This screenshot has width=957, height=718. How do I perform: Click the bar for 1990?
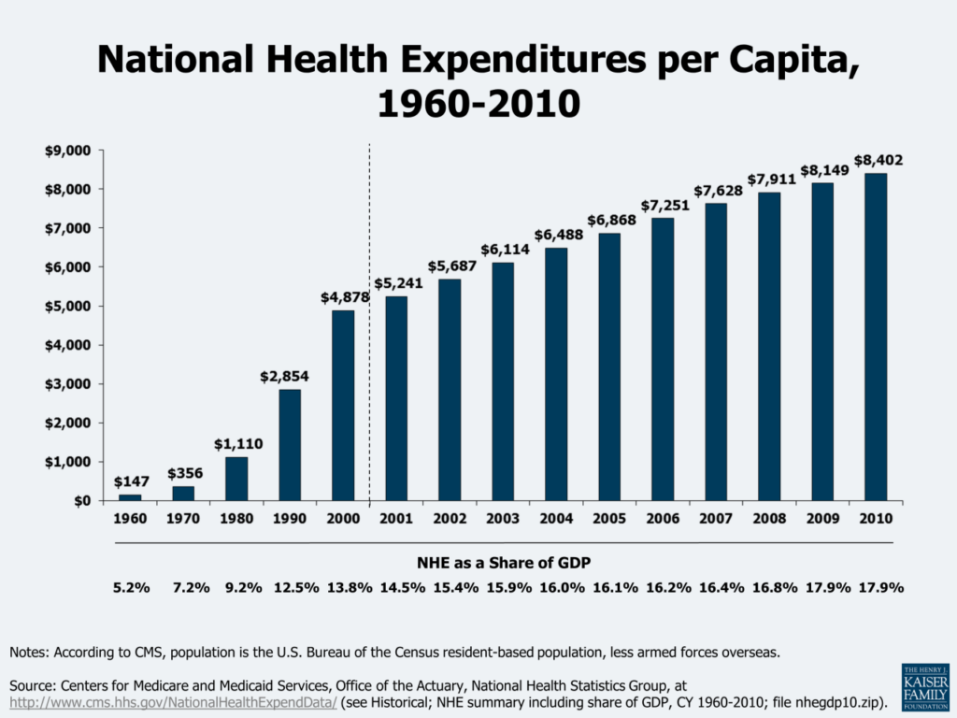(x=290, y=445)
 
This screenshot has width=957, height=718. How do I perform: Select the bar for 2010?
(x=875, y=337)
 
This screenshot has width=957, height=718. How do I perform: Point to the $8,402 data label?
(x=878, y=160)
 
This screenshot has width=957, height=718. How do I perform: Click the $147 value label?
(x=131, y=481)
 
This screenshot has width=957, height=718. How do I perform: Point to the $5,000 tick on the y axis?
(x=70, y=306)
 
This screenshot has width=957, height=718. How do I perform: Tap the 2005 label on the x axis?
(x=609, y=519)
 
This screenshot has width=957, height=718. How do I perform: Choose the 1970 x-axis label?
(x=184, y=519)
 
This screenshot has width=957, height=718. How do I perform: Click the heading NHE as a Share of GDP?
(x=504, y=563)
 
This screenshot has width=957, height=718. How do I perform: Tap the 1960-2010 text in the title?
(x=478, y=103)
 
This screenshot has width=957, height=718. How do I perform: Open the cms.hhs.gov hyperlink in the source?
(x=174, y=701)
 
